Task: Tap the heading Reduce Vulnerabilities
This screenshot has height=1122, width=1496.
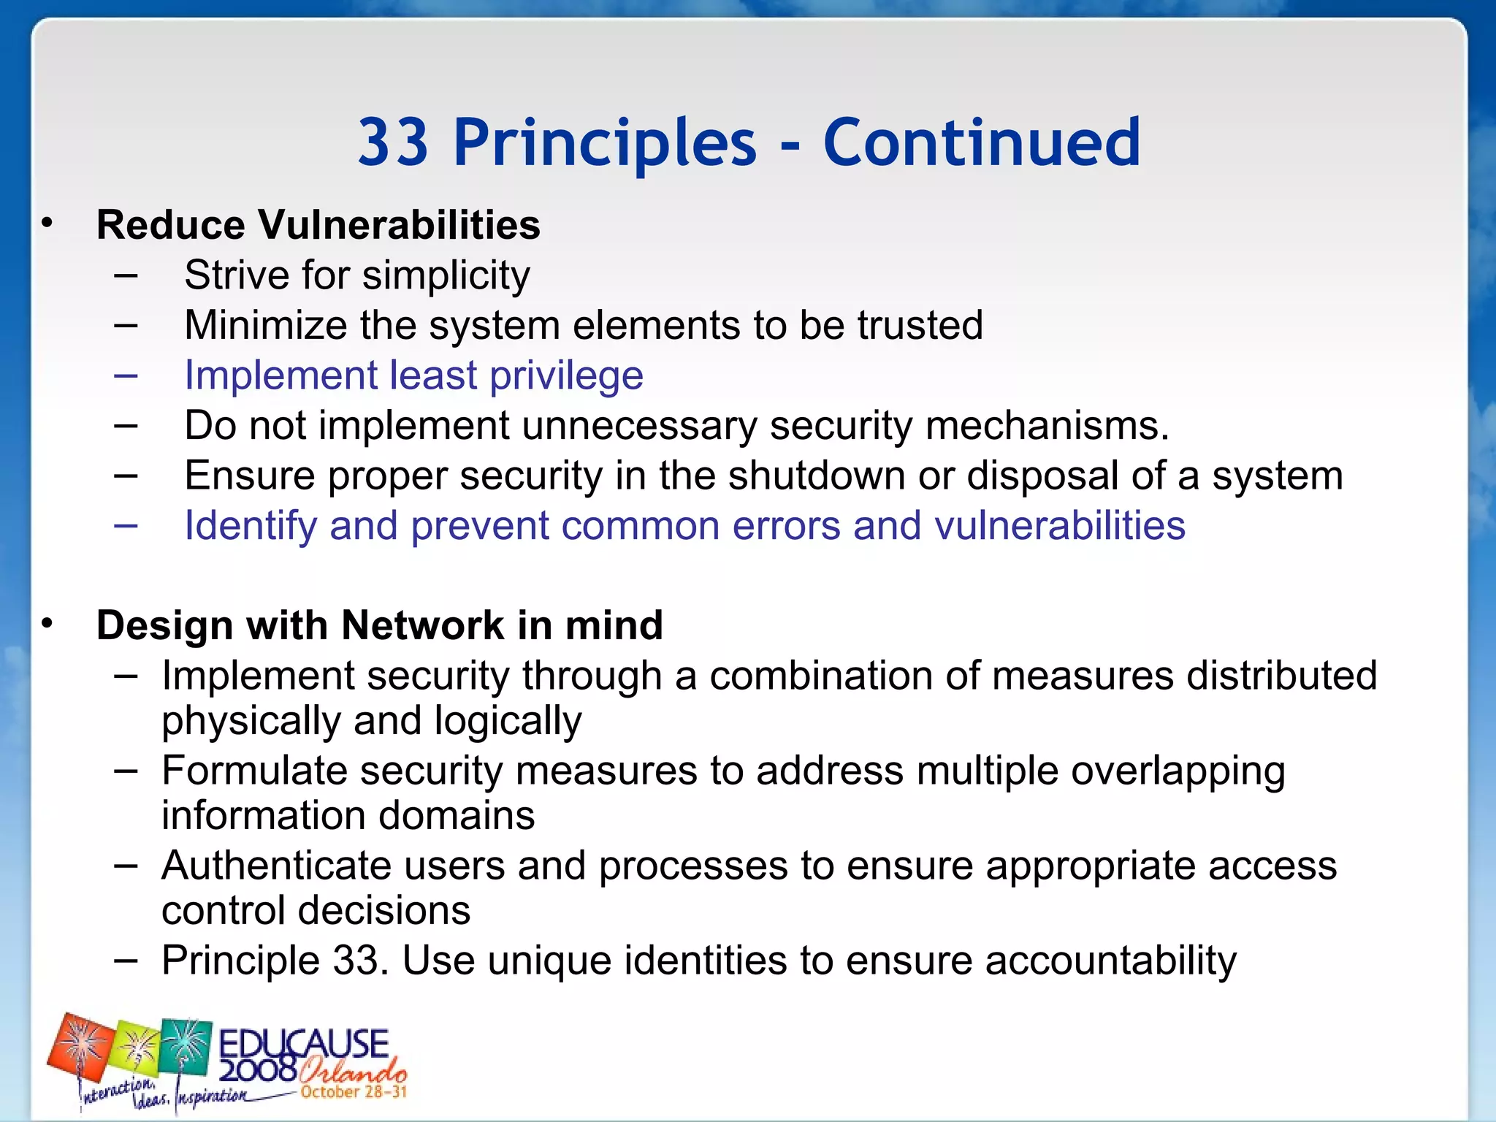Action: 318,224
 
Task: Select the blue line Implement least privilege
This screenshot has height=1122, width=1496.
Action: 413,375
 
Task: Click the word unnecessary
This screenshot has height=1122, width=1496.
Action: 639,426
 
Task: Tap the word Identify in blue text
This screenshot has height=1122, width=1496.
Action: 250,526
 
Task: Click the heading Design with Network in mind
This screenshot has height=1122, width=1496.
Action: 379,625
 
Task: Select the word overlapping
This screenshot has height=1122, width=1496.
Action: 1178,771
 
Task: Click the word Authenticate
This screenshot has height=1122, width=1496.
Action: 276,866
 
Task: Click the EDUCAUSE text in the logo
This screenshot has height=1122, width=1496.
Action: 303,1044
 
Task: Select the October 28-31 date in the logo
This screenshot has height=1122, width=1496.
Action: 354,1092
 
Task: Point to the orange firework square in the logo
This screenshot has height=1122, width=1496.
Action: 80,1049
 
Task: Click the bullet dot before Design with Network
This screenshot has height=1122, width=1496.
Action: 47,624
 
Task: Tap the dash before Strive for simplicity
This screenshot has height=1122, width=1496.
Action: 126,276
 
